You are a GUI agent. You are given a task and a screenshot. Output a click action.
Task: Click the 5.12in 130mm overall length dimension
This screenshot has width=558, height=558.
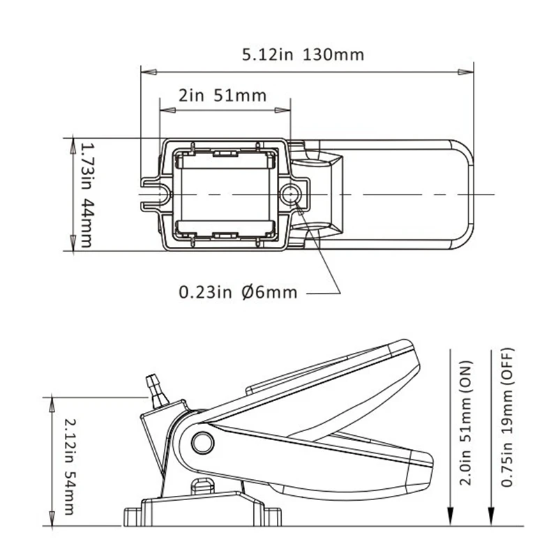coord(303,54)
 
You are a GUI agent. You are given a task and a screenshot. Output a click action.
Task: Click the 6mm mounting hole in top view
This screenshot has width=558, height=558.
coord(291,193)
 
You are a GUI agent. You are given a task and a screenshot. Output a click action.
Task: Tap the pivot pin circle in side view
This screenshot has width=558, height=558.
coord(202,442)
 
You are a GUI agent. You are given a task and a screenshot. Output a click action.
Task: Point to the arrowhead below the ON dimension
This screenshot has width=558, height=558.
coord(452,519)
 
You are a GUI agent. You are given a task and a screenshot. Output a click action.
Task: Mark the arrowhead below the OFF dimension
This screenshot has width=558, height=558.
coord(492,519)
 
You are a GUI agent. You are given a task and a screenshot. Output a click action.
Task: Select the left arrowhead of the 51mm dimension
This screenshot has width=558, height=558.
coord(165,110)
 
